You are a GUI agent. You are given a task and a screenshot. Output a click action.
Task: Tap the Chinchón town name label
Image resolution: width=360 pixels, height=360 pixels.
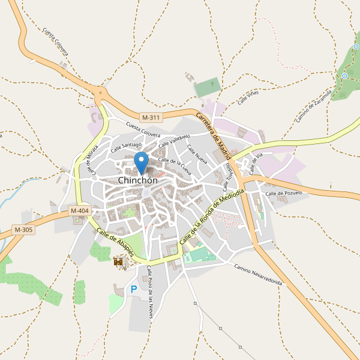[x=137, y=180]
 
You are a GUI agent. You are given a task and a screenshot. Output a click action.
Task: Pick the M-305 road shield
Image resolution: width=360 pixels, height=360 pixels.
[x=23, y=230]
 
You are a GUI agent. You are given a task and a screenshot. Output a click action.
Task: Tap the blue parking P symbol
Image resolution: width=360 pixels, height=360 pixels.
[x=134, y=289]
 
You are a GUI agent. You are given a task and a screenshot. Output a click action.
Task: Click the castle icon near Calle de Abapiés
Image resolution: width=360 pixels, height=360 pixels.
[x=119, y=261]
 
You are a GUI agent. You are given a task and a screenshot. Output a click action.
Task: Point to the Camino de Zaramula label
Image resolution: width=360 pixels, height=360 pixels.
[x=313, y=106]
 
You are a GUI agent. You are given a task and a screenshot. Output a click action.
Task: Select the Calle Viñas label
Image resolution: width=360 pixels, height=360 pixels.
[x=247, y=98]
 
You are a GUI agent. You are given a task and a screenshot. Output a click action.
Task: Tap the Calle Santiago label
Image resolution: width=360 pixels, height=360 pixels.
[x=125, y=145]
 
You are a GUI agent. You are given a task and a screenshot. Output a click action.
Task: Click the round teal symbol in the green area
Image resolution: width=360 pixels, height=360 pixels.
[x=345, y=76]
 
